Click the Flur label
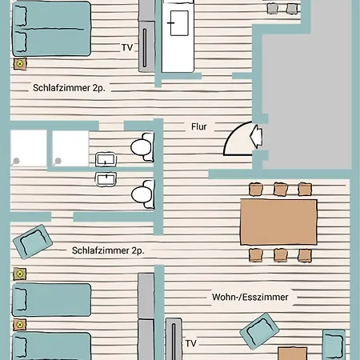tap(199, 126)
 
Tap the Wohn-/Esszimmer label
tap(250, 297)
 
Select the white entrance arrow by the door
tap(256, 136)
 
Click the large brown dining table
tap(278, 222)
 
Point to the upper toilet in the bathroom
tap(142, 147)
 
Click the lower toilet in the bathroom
tap(143, 194)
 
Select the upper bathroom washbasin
tap(106, 159)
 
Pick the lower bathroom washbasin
tap(106, 179)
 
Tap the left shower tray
tap(29, 148)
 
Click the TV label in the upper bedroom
tap(127, 47)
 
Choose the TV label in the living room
tap(191, 343)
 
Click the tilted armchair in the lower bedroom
tap(33, 242)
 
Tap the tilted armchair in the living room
tap(259, 331)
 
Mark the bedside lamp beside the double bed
tap(20, 64)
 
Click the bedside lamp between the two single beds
tap(20, 325)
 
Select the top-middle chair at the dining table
tap(281, 189)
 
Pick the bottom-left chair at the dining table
tap(255, 255)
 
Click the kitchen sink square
tap(179, 23)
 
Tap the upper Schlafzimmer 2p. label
tap(69, 88)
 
